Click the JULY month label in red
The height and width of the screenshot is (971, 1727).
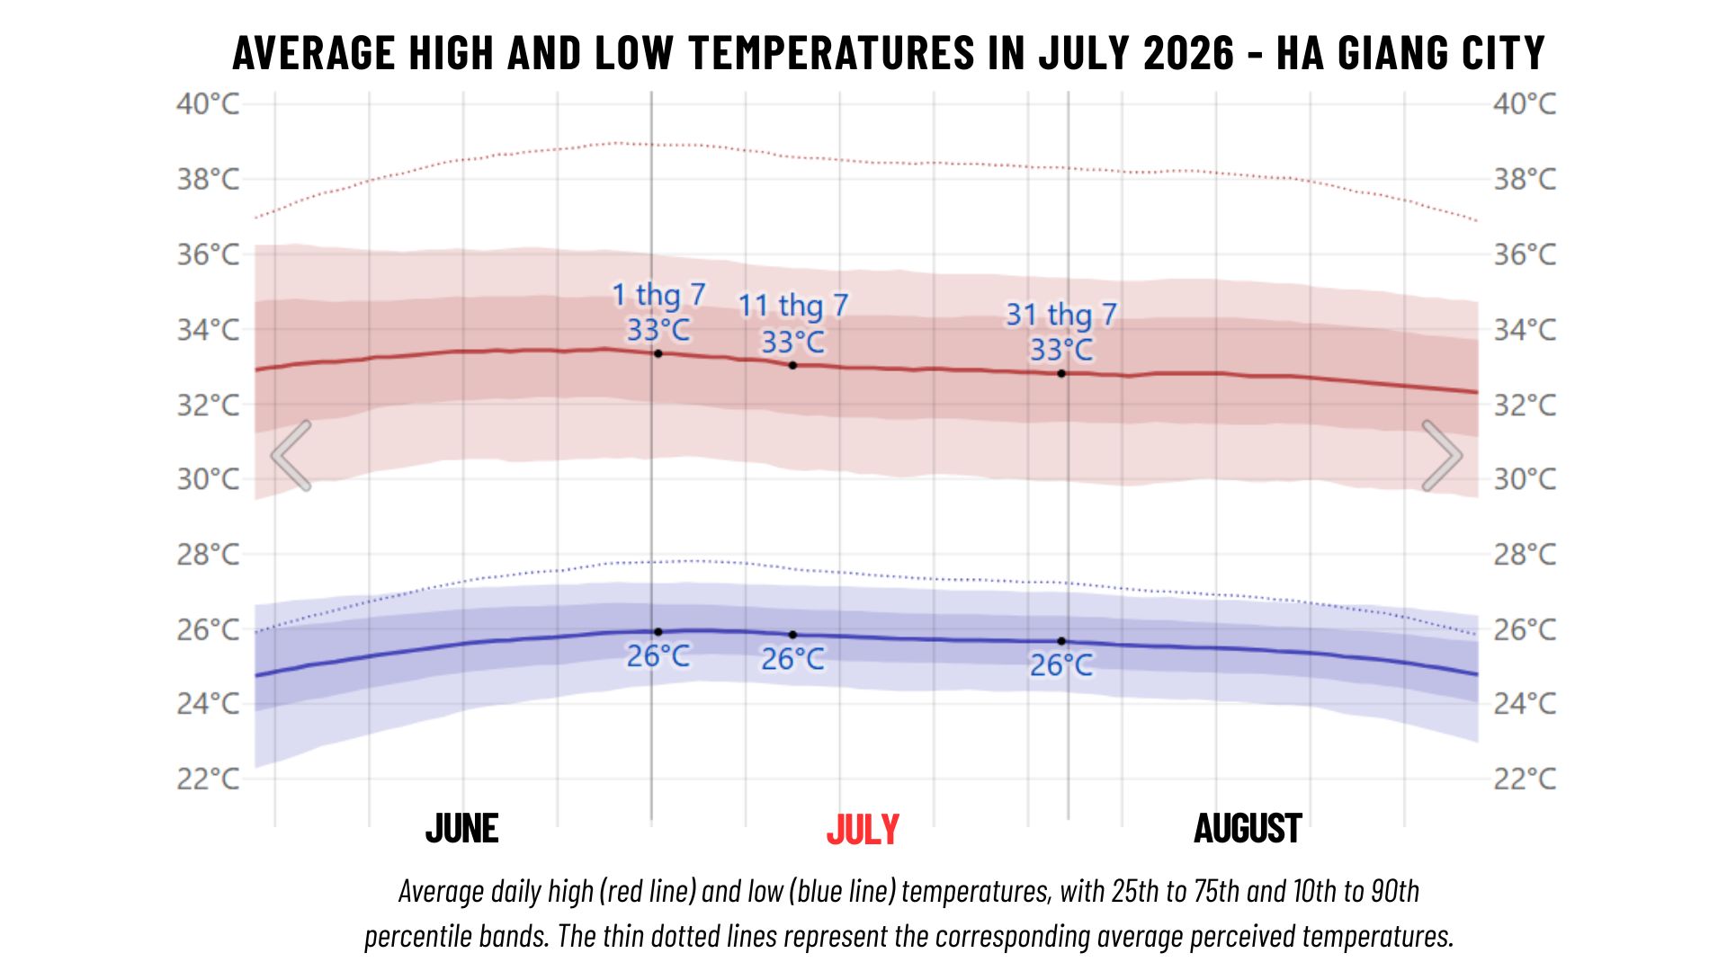(863, 829)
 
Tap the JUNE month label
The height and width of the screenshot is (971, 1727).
(461, 828)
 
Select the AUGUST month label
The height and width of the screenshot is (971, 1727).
(1248, 828)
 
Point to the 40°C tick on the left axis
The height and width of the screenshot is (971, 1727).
(208, 104)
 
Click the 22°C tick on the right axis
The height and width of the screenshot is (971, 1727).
(1525, 778)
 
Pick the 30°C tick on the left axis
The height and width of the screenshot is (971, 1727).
(208, 478)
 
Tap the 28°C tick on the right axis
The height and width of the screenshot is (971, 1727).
(1525, 554)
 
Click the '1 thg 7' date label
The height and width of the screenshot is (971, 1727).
(658, 295)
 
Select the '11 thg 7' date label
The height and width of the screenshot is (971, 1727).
(793, 306)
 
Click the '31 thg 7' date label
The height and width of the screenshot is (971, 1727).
(1061, 315)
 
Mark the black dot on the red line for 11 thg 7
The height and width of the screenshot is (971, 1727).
(792, 365)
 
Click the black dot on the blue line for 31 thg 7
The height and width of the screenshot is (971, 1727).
(1061, 641)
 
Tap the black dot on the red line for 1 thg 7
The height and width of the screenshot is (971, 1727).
(658, 353)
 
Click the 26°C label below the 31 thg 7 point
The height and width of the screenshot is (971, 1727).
(1061, 665)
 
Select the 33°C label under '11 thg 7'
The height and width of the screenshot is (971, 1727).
(792, 342)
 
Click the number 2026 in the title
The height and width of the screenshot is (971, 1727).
(1188, 53)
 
